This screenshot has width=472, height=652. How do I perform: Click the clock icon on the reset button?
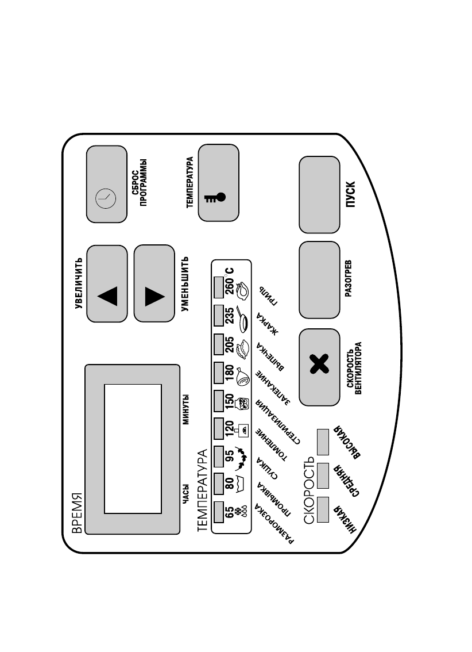pos(106,197)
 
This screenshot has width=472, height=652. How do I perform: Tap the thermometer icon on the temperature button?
pos(214,198)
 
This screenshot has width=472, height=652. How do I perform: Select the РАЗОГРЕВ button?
pos(319,280)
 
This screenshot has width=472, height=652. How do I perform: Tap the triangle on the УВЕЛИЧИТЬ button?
pos(107,296)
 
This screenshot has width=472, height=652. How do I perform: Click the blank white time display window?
pos(133,448)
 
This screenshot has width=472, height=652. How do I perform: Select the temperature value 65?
pos(230,511)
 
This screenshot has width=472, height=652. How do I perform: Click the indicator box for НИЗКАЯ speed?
pos(322,507)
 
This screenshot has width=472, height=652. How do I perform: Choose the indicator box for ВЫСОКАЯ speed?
pos(322,441)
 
